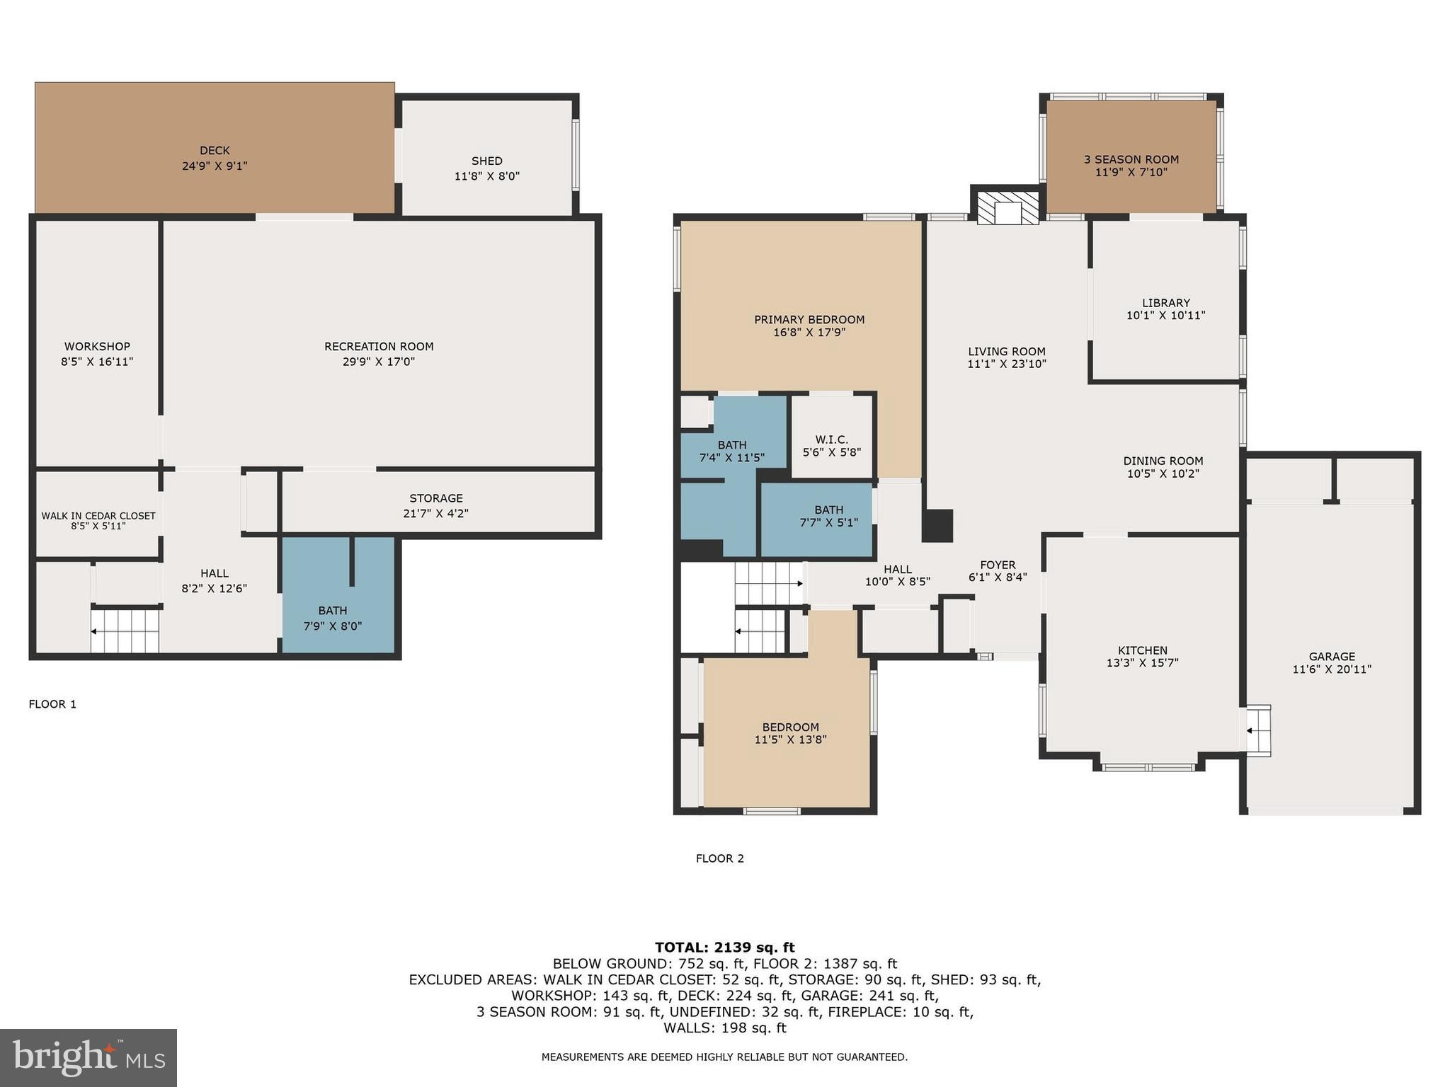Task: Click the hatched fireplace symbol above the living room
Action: coord(1007,207)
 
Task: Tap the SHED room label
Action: coord(486,161)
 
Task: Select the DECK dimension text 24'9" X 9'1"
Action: coord(215,166)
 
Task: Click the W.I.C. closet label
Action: coord(831,439)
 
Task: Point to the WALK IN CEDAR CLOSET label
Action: coord(98,516)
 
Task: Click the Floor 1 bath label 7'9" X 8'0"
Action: coord(332,626)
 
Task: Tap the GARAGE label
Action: coord(1331,657)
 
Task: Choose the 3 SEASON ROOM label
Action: coord(1131,160)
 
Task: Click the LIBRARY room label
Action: coord(1165,303)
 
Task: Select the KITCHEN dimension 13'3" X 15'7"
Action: coord(1142,663)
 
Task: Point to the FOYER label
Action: coord(998,565)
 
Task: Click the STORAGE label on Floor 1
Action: coord(435,498)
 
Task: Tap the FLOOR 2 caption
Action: coord(719,858)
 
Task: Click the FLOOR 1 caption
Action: coord(52,704)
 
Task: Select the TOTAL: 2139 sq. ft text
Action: coord(724,948)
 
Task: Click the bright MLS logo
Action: coord(89,1057)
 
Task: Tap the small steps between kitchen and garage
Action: coord(1258,730)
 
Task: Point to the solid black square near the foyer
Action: coord(937,526)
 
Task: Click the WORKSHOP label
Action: coord(97,347)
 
